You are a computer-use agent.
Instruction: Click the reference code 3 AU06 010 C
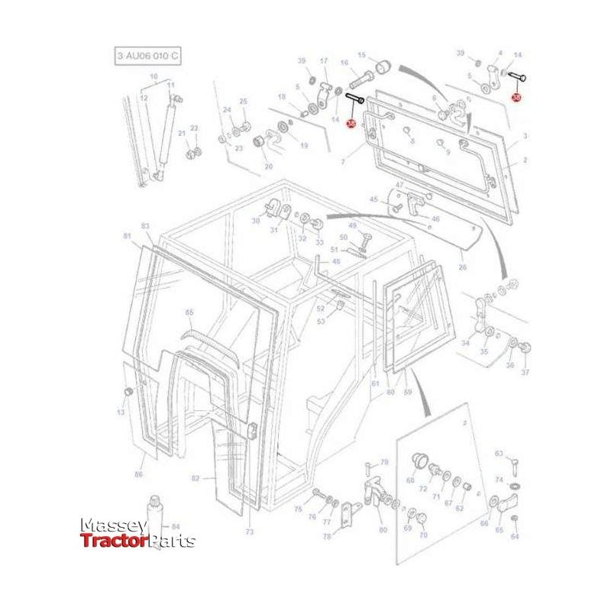[148, 56]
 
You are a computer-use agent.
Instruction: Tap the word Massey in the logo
[114, 526]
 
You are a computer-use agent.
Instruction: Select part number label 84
[176, 526]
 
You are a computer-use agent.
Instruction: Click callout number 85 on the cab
[189, 312]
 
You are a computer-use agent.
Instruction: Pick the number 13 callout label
[120, 412]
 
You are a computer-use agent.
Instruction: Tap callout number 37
[525, 372]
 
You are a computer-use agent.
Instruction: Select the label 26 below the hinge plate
[463, 267]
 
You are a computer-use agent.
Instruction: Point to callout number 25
[244, 102]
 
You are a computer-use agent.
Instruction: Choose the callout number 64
[514, 537]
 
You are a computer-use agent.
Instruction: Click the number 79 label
[384, 462]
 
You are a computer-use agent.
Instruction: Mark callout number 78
[326, 537]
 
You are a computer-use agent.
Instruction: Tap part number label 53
[322, 321]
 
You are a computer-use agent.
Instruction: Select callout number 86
[138, 475]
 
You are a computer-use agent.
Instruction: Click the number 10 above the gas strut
[154, 76]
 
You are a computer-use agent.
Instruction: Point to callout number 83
[145, 227]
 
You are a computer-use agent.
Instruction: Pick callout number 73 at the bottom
[249, 531]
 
